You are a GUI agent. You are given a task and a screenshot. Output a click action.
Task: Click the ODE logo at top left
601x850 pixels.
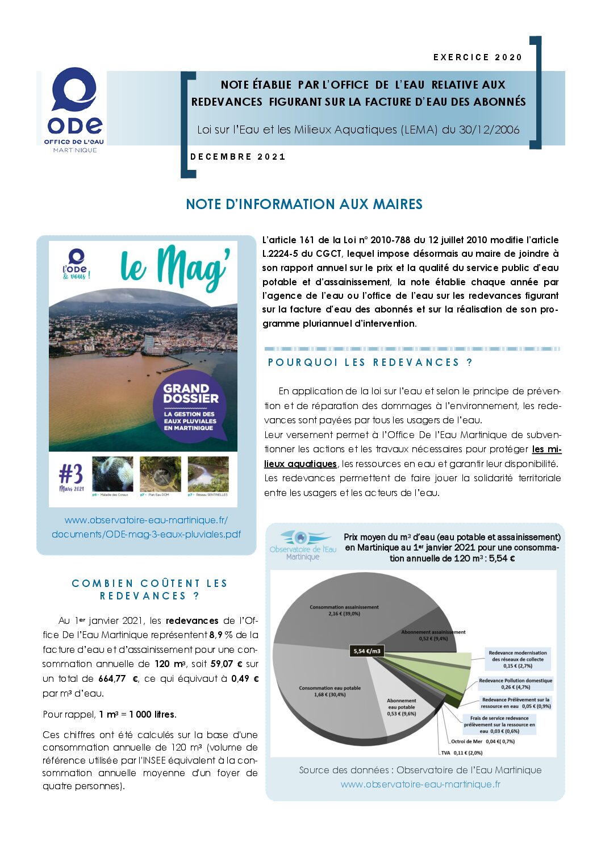tap(74, 109)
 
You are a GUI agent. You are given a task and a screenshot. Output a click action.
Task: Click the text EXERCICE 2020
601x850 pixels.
tap(477, 57)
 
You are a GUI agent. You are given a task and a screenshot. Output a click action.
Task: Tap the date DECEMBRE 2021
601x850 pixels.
tap(237, 157)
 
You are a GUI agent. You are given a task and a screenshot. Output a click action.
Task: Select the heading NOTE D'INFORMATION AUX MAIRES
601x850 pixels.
tap(304, 205)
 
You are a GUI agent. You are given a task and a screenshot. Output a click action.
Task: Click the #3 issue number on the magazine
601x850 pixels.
tap(71, 476)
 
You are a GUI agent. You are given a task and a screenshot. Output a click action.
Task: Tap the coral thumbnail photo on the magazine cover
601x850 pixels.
tap(112, 474)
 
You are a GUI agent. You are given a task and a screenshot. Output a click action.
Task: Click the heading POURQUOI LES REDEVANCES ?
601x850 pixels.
tap(370, 363)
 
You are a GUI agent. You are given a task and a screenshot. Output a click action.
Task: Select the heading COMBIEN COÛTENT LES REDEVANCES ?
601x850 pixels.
tap(149, 590)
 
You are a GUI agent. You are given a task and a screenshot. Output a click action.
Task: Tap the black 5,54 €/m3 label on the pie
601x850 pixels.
tap(367, 651)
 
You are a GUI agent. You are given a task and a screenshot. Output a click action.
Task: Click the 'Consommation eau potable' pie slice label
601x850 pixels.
tap(329, 691)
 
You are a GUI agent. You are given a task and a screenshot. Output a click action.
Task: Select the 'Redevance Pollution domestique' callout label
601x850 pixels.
tap(515, 684)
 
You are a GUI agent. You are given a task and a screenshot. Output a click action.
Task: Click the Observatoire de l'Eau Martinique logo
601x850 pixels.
tap(303, 545)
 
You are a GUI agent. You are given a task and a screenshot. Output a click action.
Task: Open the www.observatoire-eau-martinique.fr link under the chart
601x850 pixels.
tap(420, 785)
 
